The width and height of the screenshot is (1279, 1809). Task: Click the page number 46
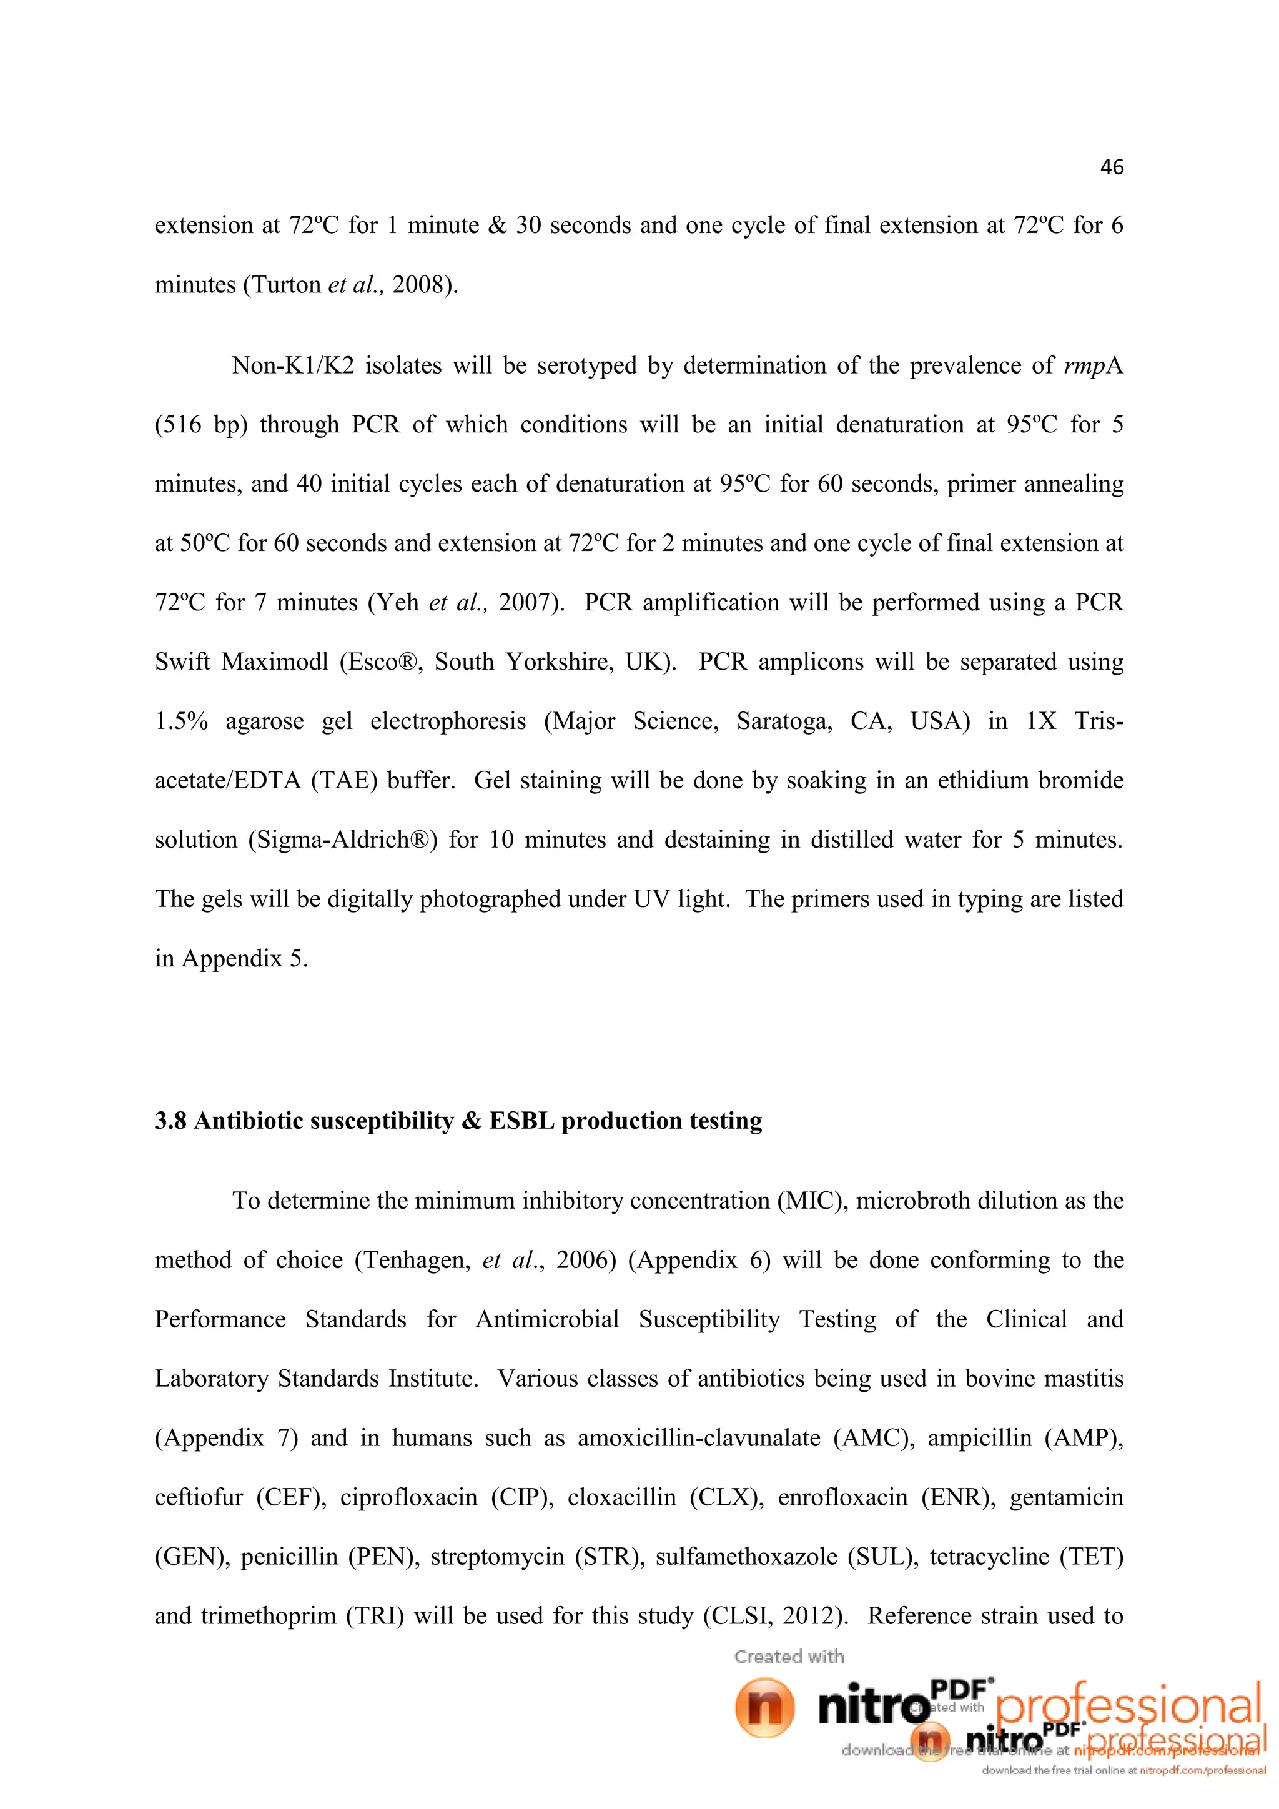pos(1111,167)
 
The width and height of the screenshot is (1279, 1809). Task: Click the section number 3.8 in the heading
pos(170,1121)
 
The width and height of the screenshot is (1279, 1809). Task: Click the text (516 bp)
pos(201,425)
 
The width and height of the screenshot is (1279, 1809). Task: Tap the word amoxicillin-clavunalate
pos(699,1438)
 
